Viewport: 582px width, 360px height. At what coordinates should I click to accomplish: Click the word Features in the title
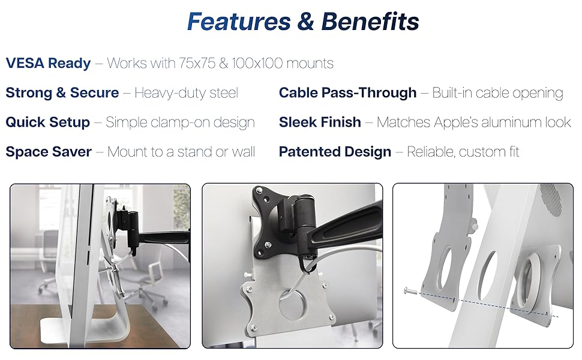[238, 22]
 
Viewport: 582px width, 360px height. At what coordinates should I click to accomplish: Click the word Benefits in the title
[370, 22]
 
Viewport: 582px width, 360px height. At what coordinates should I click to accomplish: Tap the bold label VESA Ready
[48, 63]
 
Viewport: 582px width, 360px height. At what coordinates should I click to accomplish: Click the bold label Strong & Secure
[62, 92]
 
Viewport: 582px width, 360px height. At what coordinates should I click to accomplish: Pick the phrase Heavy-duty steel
[186, 92]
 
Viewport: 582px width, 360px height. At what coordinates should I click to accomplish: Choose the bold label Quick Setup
[47, 122]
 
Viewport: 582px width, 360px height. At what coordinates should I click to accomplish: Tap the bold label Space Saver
[49, 151]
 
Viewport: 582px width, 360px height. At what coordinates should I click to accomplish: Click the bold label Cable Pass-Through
[347, 92]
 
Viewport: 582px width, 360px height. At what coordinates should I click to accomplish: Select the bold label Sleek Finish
[320, 122]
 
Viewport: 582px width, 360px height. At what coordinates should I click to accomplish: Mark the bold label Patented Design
[335, 151]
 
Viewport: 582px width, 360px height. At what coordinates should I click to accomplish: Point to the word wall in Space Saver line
[244, 151]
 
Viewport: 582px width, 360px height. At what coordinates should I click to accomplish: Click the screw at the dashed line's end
[409, 292]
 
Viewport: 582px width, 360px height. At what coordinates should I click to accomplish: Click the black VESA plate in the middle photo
[280, 222]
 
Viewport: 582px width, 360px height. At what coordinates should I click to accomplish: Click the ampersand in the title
[305, 22]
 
